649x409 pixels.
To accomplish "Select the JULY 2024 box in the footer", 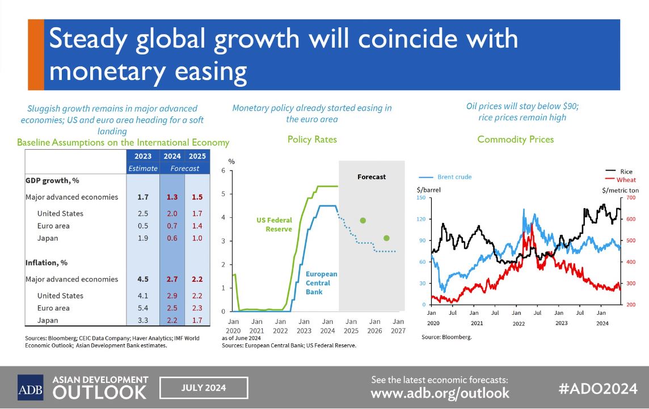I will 204,388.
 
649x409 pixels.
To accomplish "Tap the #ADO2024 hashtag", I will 597,389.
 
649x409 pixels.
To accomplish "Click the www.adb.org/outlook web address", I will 440,393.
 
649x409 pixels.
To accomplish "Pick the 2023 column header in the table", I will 143,156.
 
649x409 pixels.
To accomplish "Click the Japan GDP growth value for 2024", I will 172,238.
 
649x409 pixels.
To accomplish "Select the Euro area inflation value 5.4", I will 143,308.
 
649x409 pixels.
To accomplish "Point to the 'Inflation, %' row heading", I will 47,263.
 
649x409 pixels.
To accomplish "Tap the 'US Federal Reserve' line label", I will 274,224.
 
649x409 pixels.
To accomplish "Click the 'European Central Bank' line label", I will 322,282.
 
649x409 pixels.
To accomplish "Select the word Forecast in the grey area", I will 372,177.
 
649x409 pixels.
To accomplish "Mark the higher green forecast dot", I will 363,220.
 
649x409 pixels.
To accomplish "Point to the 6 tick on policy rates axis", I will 224,171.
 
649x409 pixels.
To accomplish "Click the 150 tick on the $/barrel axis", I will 421,198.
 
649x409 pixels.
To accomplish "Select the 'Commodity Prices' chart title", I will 515,139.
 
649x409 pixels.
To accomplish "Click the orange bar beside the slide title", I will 36,54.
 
